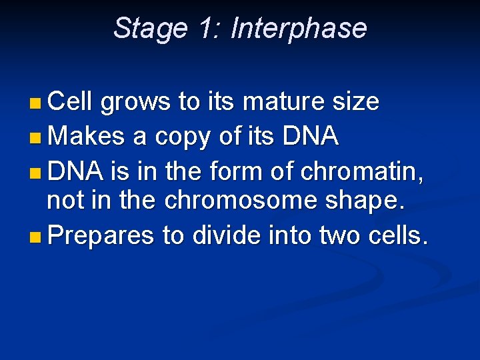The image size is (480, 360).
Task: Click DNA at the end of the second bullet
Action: (311, 137)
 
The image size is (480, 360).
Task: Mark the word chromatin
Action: (362, 171)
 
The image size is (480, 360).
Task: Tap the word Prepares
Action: (101, 237)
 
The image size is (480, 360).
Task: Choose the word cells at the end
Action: (399, 237)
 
